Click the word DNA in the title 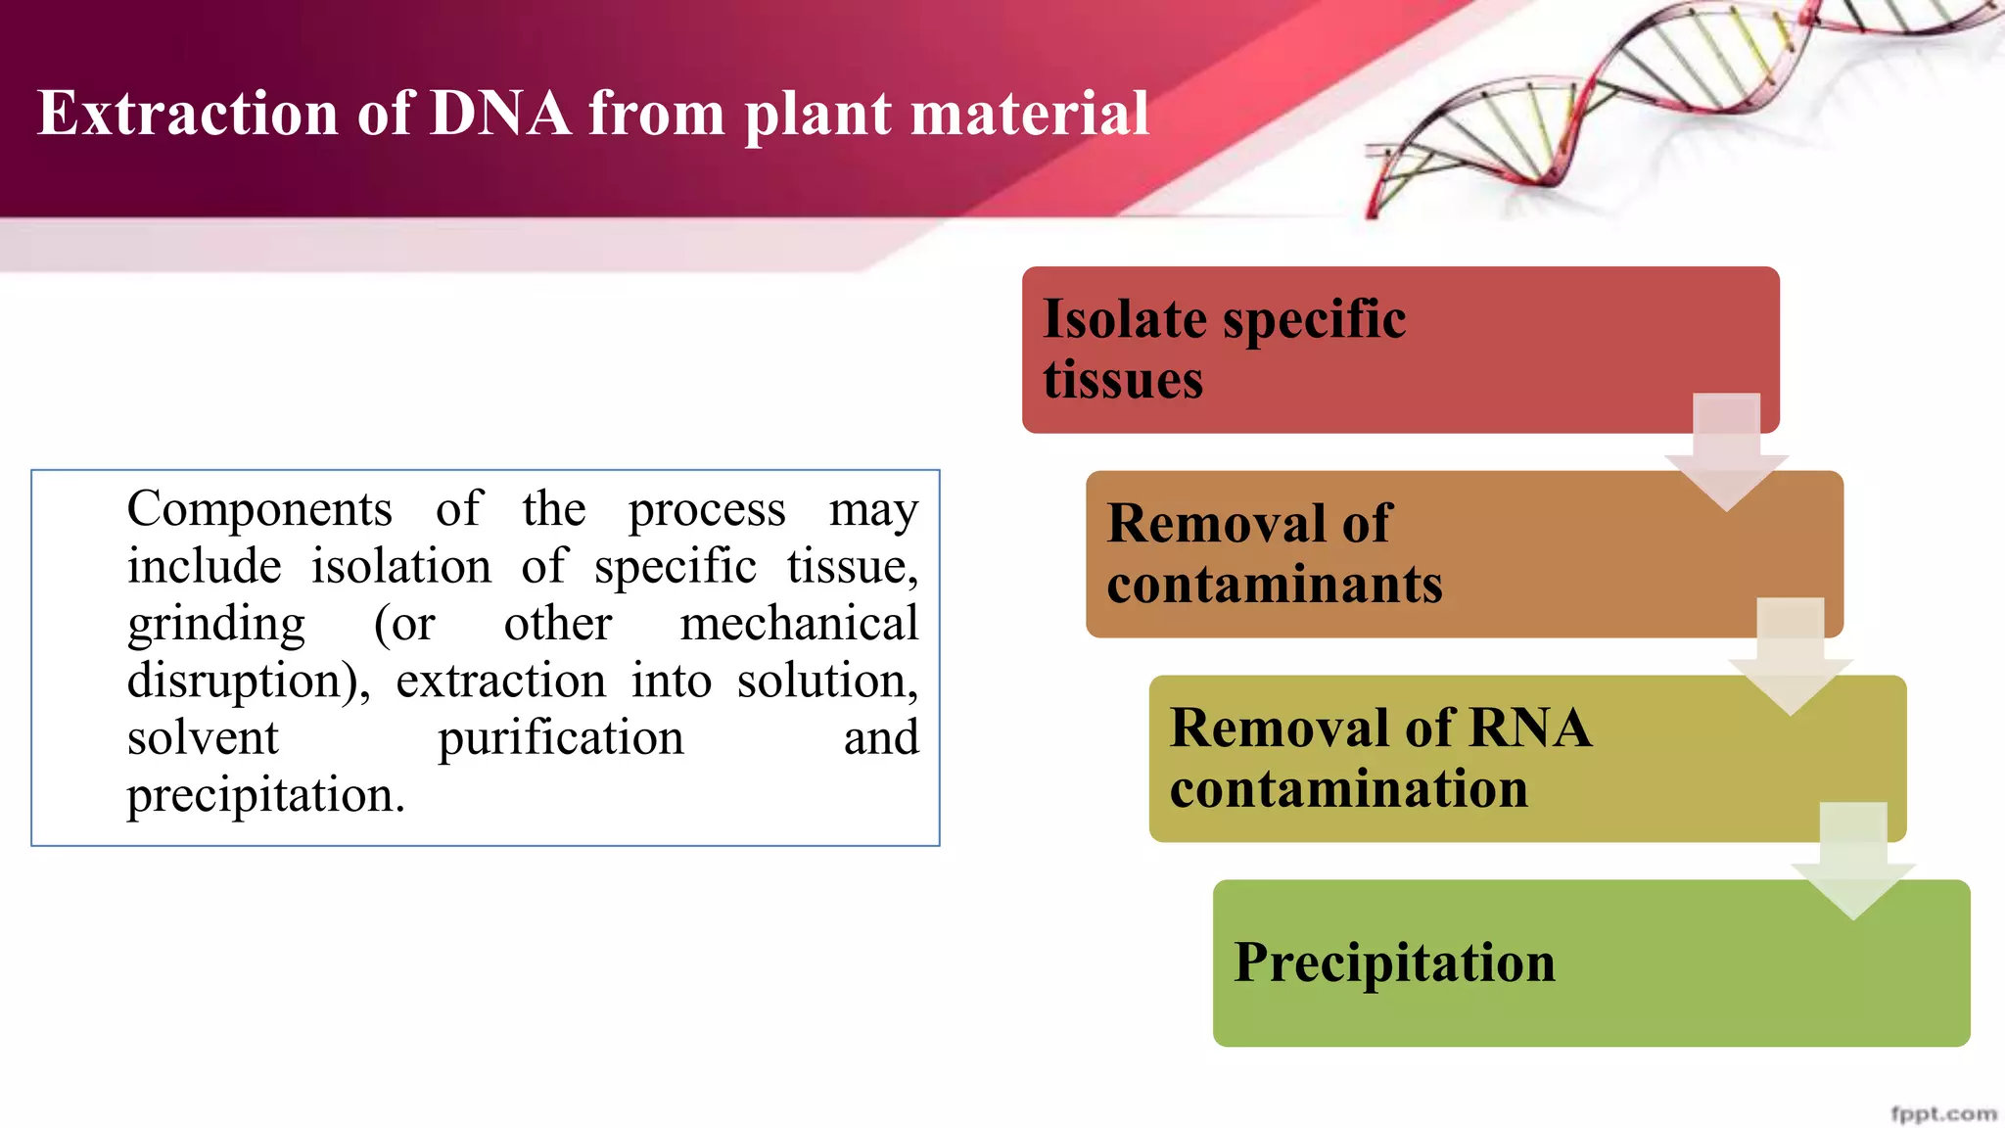499,113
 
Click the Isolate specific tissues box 1371,349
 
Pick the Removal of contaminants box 1420,554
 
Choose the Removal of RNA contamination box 1469,758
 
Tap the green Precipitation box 1566,969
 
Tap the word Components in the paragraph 259,509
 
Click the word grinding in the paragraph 216,625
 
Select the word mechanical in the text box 799,624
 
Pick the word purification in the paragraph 560,737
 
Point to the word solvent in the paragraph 203,737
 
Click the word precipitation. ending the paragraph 265,795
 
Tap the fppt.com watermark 1942,1113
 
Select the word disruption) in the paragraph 249,681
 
